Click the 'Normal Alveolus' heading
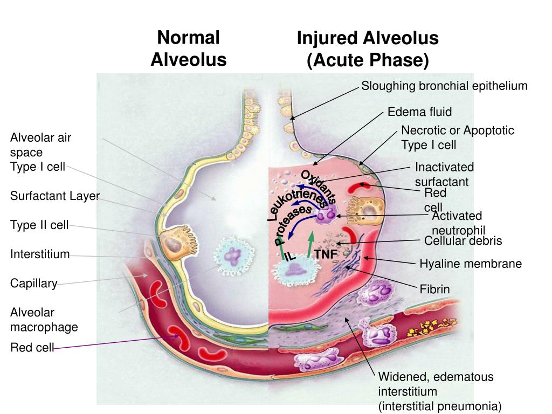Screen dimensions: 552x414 (x=188, y=49)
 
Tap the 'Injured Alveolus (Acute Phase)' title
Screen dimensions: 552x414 (x=368, y=49)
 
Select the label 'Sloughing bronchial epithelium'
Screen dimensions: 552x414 (x=444, y=86)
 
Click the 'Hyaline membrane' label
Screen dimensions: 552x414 (x=471, y=264)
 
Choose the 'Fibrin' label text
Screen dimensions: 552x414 (x=434, y=289)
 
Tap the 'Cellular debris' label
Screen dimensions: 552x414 (x=463, y=240)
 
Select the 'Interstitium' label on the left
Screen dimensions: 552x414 (x=40, y=254)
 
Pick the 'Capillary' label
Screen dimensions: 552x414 (x=34, y=283)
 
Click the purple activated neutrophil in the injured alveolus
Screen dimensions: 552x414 (x=326, y=216)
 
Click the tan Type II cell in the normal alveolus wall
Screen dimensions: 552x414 (x=173, y=242)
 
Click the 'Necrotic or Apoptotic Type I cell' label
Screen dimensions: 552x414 (x=457, y=137)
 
